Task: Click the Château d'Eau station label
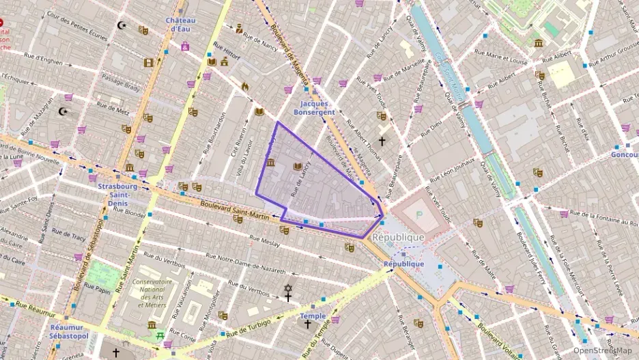click(x=180, y=25)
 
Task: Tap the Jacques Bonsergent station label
click(x=313, y=107)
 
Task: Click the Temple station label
click(x=313, y=316)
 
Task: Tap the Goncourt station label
click(x=624, y=154)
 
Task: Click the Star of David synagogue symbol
click(x=288, y=289)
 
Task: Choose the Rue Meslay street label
click(x=264, y=241)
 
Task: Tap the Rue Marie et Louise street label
click(x=505, y=60)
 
